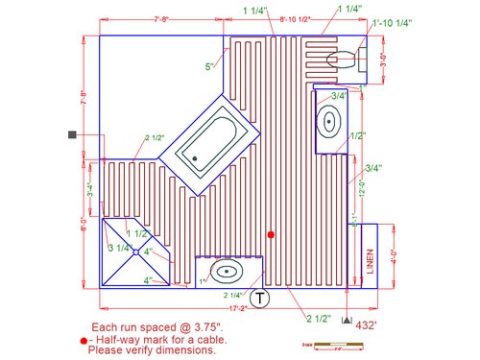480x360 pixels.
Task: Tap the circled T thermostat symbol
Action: pos(262,298)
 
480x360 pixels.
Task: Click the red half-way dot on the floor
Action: pos(272,234)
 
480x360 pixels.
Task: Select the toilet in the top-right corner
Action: pos(341,60)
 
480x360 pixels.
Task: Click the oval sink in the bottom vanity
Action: pos(228,271)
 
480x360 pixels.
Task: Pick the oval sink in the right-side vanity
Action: pos(329,122)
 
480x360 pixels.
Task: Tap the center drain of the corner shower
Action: pos(137,252)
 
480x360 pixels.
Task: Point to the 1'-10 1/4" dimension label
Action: pos(392,22)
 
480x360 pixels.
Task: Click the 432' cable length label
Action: pos(367,325)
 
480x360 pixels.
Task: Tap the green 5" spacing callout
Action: pos(208,66)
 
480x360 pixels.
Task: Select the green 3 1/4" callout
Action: pos(119,249)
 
